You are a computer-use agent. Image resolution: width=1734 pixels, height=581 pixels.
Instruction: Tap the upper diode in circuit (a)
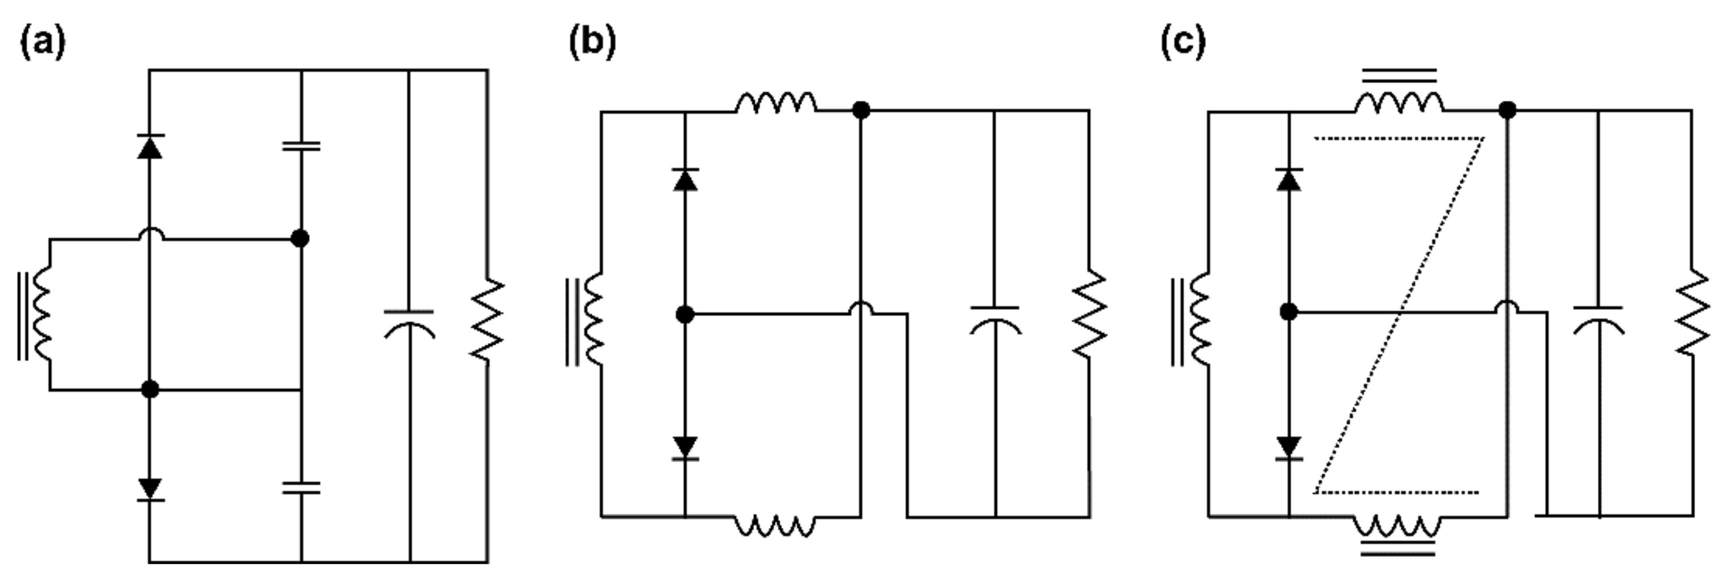click(149, 146)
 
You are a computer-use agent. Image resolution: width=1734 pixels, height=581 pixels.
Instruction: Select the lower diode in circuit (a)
click(149, 489)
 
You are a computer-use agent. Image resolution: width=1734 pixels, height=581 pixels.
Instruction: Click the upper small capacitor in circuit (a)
click(301, 146)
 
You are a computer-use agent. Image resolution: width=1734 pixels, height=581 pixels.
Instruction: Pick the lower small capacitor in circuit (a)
click(301, 488)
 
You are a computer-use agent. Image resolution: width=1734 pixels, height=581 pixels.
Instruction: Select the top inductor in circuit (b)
click(775, 103)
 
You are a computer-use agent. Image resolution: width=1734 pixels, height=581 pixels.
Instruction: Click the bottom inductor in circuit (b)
click(774, 525)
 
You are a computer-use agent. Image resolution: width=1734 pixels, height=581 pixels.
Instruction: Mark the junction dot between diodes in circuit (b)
click(685, 314)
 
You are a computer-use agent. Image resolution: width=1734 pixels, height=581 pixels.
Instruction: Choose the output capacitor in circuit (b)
click(995, 320)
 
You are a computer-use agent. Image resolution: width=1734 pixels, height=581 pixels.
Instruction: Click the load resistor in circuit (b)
click(1089, 314)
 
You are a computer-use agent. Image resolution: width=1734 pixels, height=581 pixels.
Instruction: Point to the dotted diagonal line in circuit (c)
click(1399, 315)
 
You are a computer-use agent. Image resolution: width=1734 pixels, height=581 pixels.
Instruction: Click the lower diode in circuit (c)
click(1289, 448)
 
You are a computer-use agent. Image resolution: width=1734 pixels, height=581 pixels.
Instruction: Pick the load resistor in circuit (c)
click(1692, 312)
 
